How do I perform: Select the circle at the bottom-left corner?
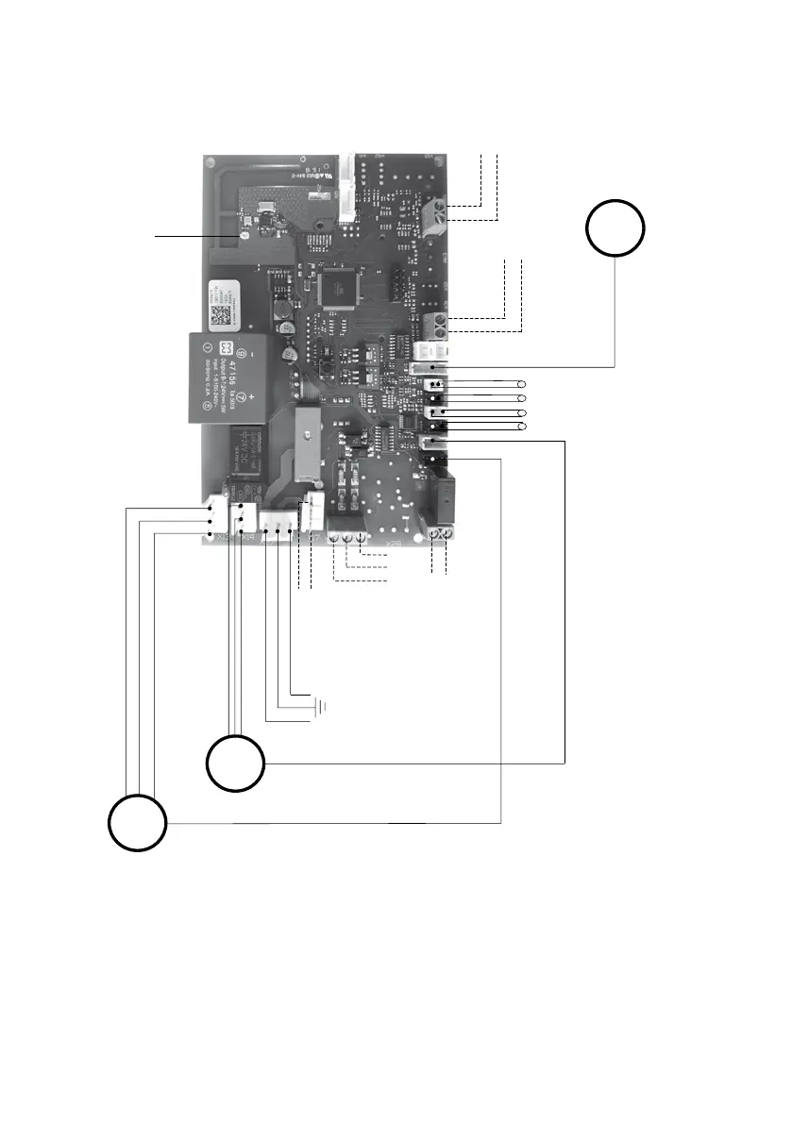[136, 823]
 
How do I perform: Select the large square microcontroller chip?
[335, 288]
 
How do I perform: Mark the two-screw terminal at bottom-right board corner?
[439, 535]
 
